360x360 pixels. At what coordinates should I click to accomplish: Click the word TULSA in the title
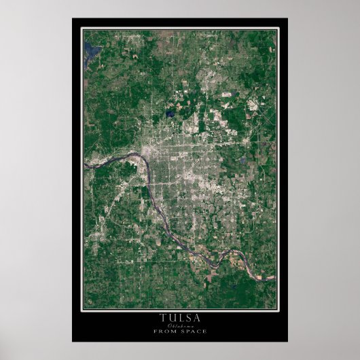[180, 317]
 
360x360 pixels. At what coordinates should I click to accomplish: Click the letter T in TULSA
[162, 317]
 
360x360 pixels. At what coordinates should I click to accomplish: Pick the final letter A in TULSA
[197, 317]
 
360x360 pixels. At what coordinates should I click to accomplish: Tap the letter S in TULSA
[188, 317]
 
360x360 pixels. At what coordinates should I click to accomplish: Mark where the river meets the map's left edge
[84, 164]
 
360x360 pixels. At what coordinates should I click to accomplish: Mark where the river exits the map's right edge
[275, 277]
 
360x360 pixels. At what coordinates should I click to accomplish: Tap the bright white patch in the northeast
[252, 105]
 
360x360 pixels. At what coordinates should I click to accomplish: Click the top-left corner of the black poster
[73, 18]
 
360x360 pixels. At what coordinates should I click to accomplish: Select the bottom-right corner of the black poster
[287, 341]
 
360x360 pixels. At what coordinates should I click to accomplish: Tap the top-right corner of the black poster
[287, 18]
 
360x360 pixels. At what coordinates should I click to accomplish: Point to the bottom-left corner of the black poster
[73, 341]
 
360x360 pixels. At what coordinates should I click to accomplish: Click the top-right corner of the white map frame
[277, 29]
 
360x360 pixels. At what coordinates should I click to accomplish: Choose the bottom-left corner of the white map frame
[82, 310]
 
